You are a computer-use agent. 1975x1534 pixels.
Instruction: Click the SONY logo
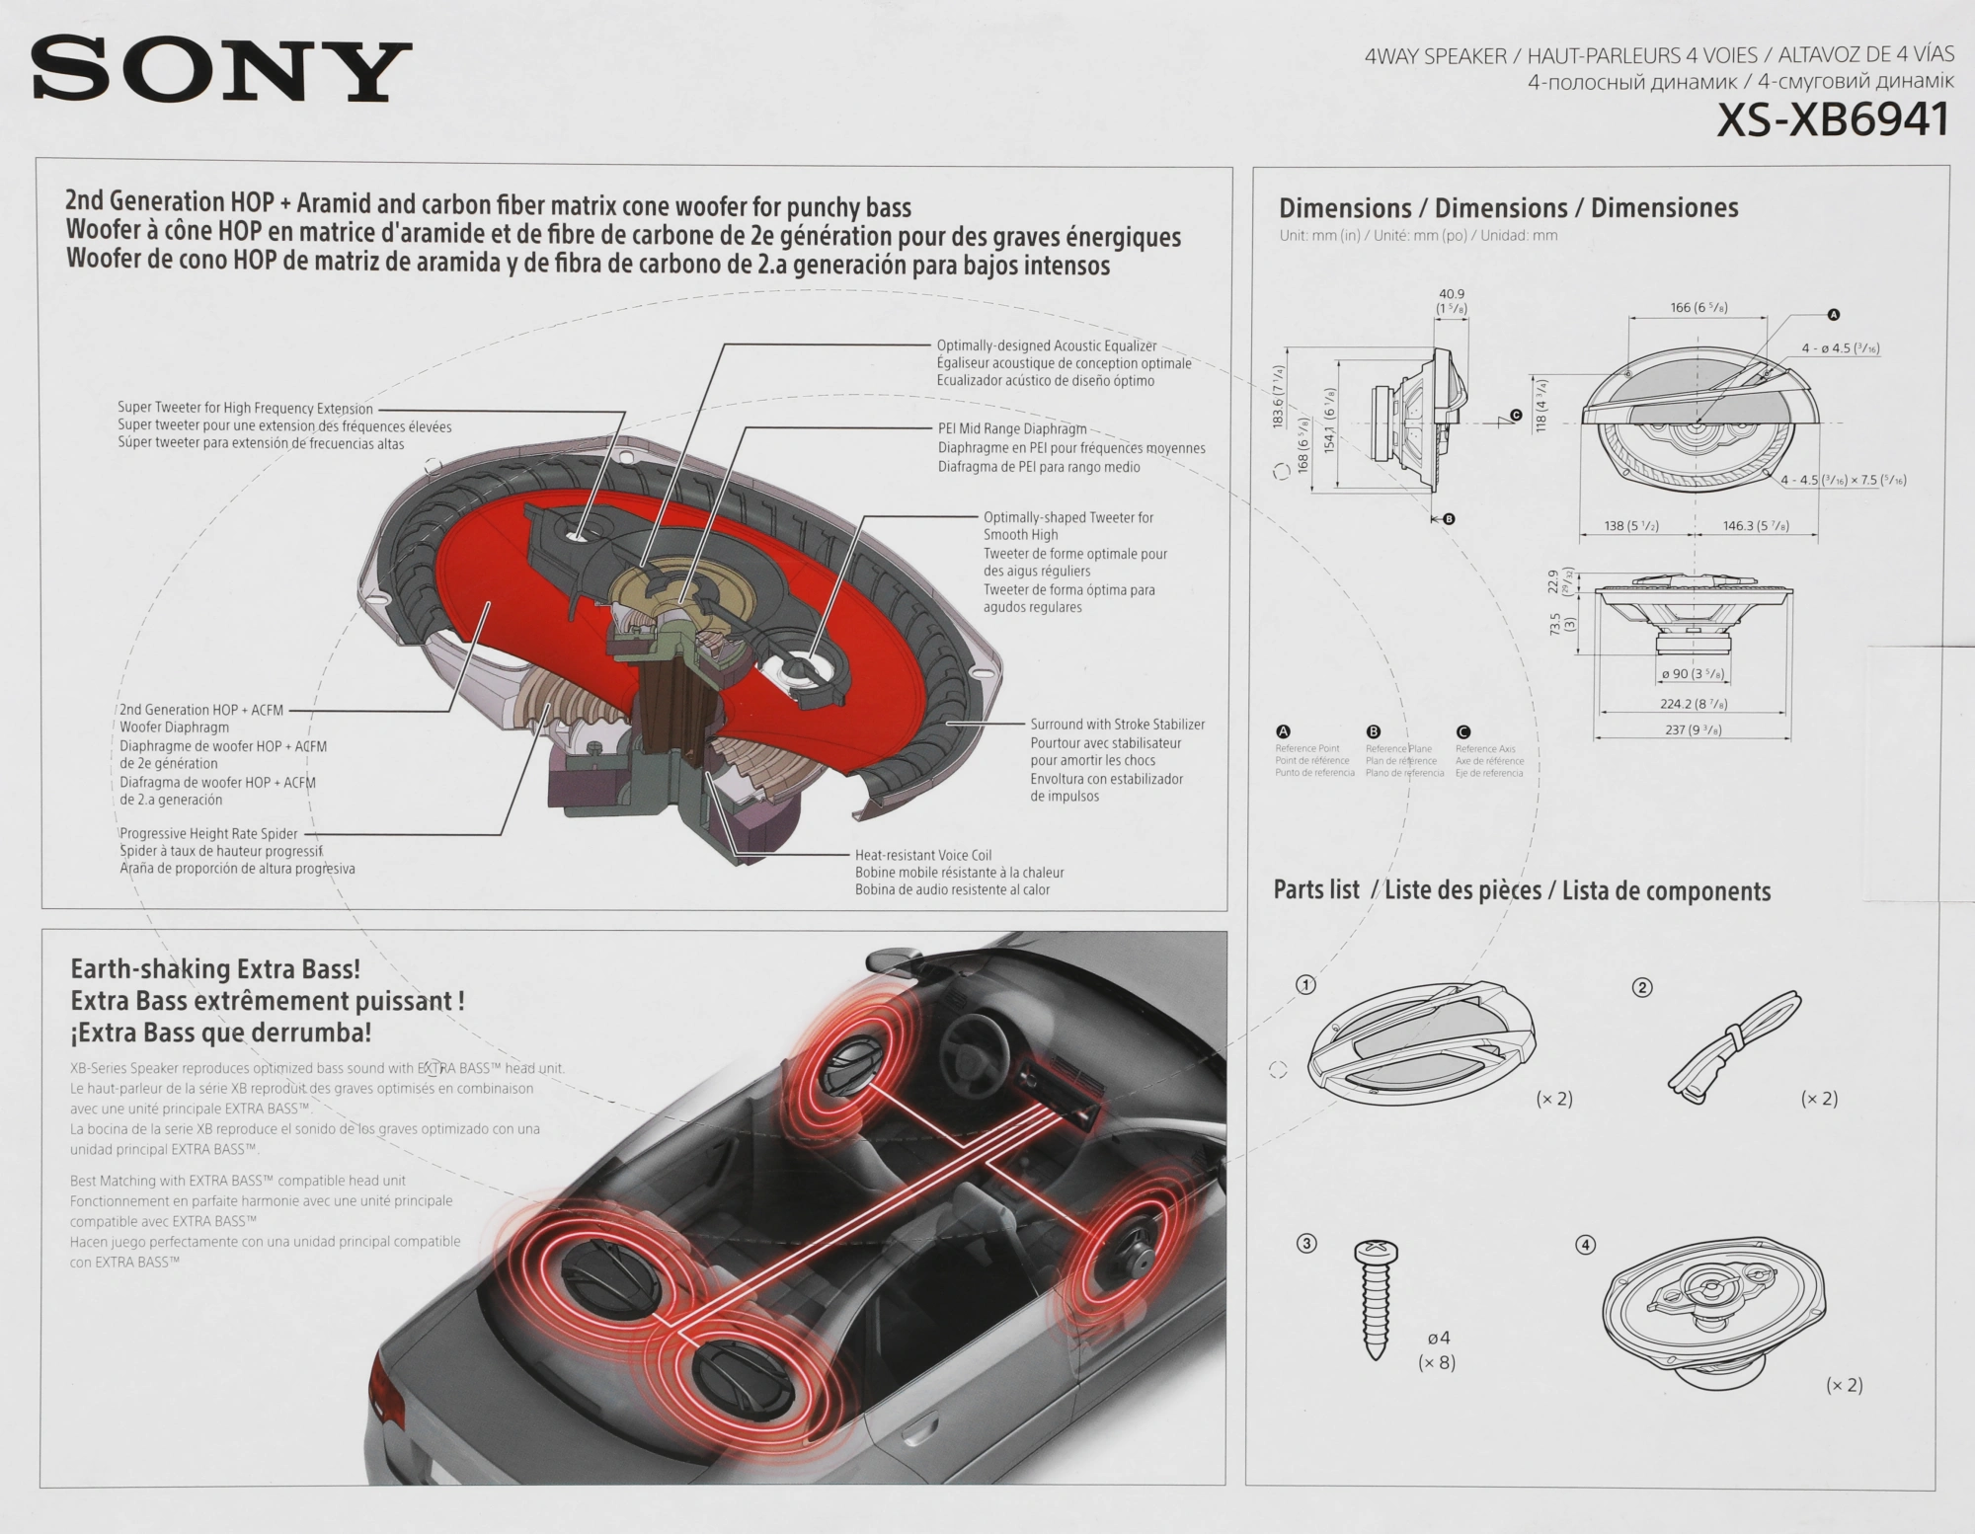click(220, 70)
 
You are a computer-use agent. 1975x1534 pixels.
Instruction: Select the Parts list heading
click(1316, 889)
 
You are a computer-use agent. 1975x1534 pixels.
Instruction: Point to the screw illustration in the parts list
click(1375, 1300)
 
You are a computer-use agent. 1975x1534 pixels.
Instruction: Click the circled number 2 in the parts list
click(1642, 987)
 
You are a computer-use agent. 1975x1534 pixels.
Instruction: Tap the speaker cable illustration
click(1735, 1046)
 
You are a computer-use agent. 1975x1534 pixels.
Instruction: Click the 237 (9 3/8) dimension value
click(1692, 730)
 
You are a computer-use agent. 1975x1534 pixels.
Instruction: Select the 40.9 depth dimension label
click(1452, 294)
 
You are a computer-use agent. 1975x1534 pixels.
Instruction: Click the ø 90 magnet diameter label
click(1693, 674)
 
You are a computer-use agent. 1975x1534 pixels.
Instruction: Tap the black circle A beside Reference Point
click(1284, 731)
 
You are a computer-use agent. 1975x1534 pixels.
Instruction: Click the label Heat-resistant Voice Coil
click(922, 855)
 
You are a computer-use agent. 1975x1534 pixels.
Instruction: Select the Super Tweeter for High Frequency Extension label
click(245, 408)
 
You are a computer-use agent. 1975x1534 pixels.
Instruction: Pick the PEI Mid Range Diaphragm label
click(1012, 429)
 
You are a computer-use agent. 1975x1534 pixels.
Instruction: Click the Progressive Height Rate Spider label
click(208, 834)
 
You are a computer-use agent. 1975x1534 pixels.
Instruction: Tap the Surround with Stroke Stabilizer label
click(1117, 725)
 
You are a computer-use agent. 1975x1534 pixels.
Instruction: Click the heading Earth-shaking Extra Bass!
click(215, 969)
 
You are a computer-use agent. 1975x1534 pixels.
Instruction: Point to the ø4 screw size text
click(1438, 1339)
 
